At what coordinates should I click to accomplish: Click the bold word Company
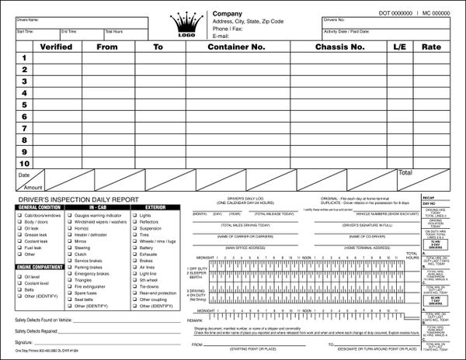point(228,14)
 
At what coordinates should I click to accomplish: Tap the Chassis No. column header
point(339,47)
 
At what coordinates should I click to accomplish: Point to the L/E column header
point(400,47)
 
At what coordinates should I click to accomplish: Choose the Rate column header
point(431,47)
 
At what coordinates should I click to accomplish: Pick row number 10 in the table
point(24,164)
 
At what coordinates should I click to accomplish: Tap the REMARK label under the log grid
point(194,319)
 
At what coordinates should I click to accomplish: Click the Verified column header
point(56,47)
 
